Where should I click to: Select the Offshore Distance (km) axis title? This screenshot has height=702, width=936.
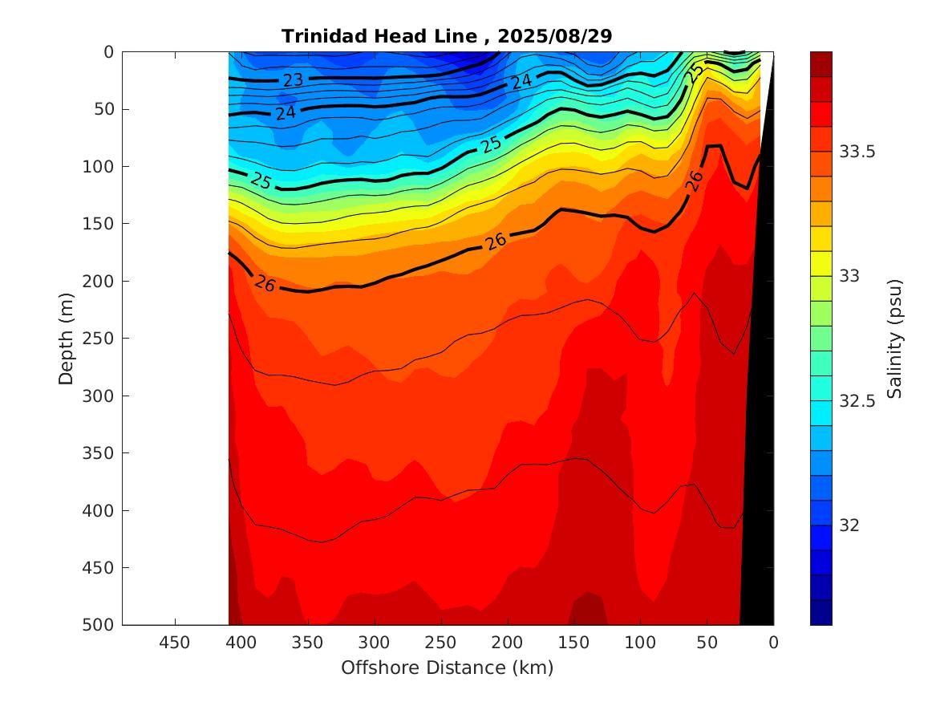pyautogui.click(x=448, y=668)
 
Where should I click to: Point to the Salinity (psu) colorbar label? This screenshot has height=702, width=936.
pyautogui.click(x=895, y=339)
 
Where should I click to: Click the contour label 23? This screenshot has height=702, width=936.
pyautogui.click(x=293, y=79)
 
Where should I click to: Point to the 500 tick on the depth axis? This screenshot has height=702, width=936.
pyautogui.click(x=100, y=625)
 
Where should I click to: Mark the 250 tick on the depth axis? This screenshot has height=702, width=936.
pyautogui.click(x=100, y=339)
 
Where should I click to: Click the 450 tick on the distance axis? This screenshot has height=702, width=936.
pyautogui.click(x=175, y=643)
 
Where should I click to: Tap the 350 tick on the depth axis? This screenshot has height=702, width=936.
pyautogui.click(x=100, y=453)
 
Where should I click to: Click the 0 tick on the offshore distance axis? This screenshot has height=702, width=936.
pyautogui.click(x=773, y=643)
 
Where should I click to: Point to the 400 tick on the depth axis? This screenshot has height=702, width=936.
pyautogui.click(x=100, y=510)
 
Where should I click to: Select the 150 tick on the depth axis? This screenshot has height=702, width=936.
pyautogui.click(x=100, y=224)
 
